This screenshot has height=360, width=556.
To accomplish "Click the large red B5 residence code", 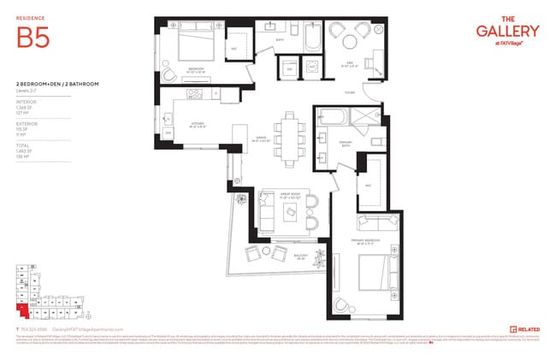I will (x=32, y=38).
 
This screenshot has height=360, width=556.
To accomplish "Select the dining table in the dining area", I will (x=288, y=141).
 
